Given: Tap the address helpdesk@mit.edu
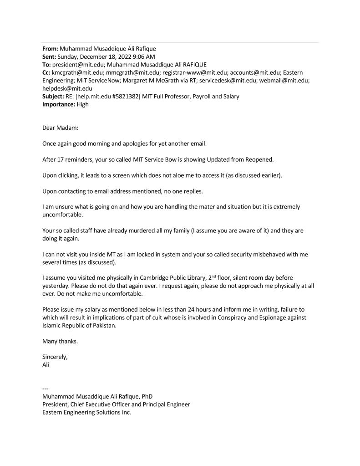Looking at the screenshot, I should tap(67, 89).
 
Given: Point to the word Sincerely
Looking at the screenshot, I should tap(55, 357).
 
